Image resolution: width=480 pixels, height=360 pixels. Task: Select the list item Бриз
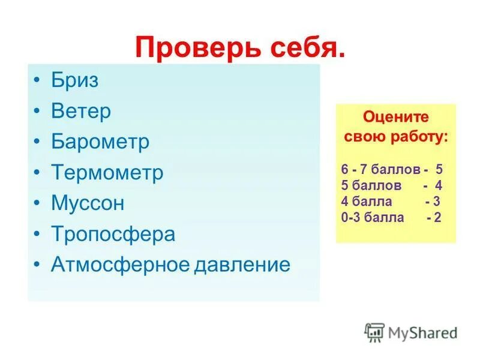tap(74, 80)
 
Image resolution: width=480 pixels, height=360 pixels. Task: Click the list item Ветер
tap(81, 111)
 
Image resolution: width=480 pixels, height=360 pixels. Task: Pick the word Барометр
tap(100, 142)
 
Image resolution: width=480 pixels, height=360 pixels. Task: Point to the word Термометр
tap(107, 173)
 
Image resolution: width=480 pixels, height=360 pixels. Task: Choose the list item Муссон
tap(88, 203)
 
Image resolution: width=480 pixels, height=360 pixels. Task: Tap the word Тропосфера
tap(113, 233)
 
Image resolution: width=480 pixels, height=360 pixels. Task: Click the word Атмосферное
tap(119, 264)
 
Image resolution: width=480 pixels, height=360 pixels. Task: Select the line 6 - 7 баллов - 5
tap(391, 170)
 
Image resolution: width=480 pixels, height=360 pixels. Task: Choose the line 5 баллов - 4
tap(391, 185)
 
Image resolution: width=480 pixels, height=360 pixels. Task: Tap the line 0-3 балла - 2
tap(391, 217)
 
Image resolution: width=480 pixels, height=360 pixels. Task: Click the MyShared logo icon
tap(374, 331)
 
